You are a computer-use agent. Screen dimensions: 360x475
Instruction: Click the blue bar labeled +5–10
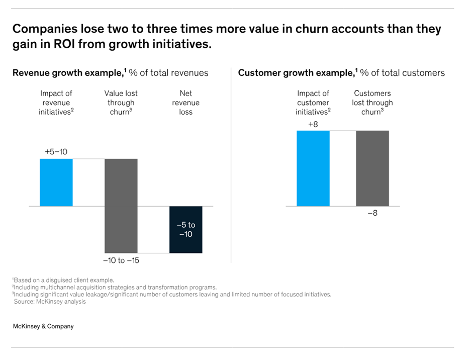pyautogui.click(x=56, y=182)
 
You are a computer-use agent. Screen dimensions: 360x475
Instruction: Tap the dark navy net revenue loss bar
pyautogui.click(x=185, y=229)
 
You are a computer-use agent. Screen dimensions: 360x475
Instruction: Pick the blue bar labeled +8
pyautogui.click(x=313, y=168)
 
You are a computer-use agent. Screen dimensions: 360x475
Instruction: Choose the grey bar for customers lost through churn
pyautogui.click(x=372, y=168)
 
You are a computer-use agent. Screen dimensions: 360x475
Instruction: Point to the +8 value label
pyautogui.click(x=313, y=124)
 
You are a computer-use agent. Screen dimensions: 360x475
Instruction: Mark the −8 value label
pyautogui.click(x=372, y=214)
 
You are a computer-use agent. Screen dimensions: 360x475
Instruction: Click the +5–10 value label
pyautogui.click(x=56, y=151)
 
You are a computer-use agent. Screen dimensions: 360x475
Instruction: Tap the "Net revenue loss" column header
pyautogui.click(x=185, y=103)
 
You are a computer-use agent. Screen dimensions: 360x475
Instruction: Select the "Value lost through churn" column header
pyautogui.click(x=121, y=103)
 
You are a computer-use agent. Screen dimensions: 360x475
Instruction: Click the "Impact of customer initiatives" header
pyautogui.click(x=313, y=103)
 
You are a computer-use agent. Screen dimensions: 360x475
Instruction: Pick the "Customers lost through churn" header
pyautogui.click(x=372, y=103)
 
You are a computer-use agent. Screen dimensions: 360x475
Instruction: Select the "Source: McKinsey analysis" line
pyautogui.click(x=50, y=302)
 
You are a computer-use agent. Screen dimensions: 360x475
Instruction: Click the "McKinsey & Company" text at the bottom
pyautogui.click(x=43, y=326)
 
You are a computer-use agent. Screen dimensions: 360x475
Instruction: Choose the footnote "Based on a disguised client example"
pyautogui.click(x=64, y=280)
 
